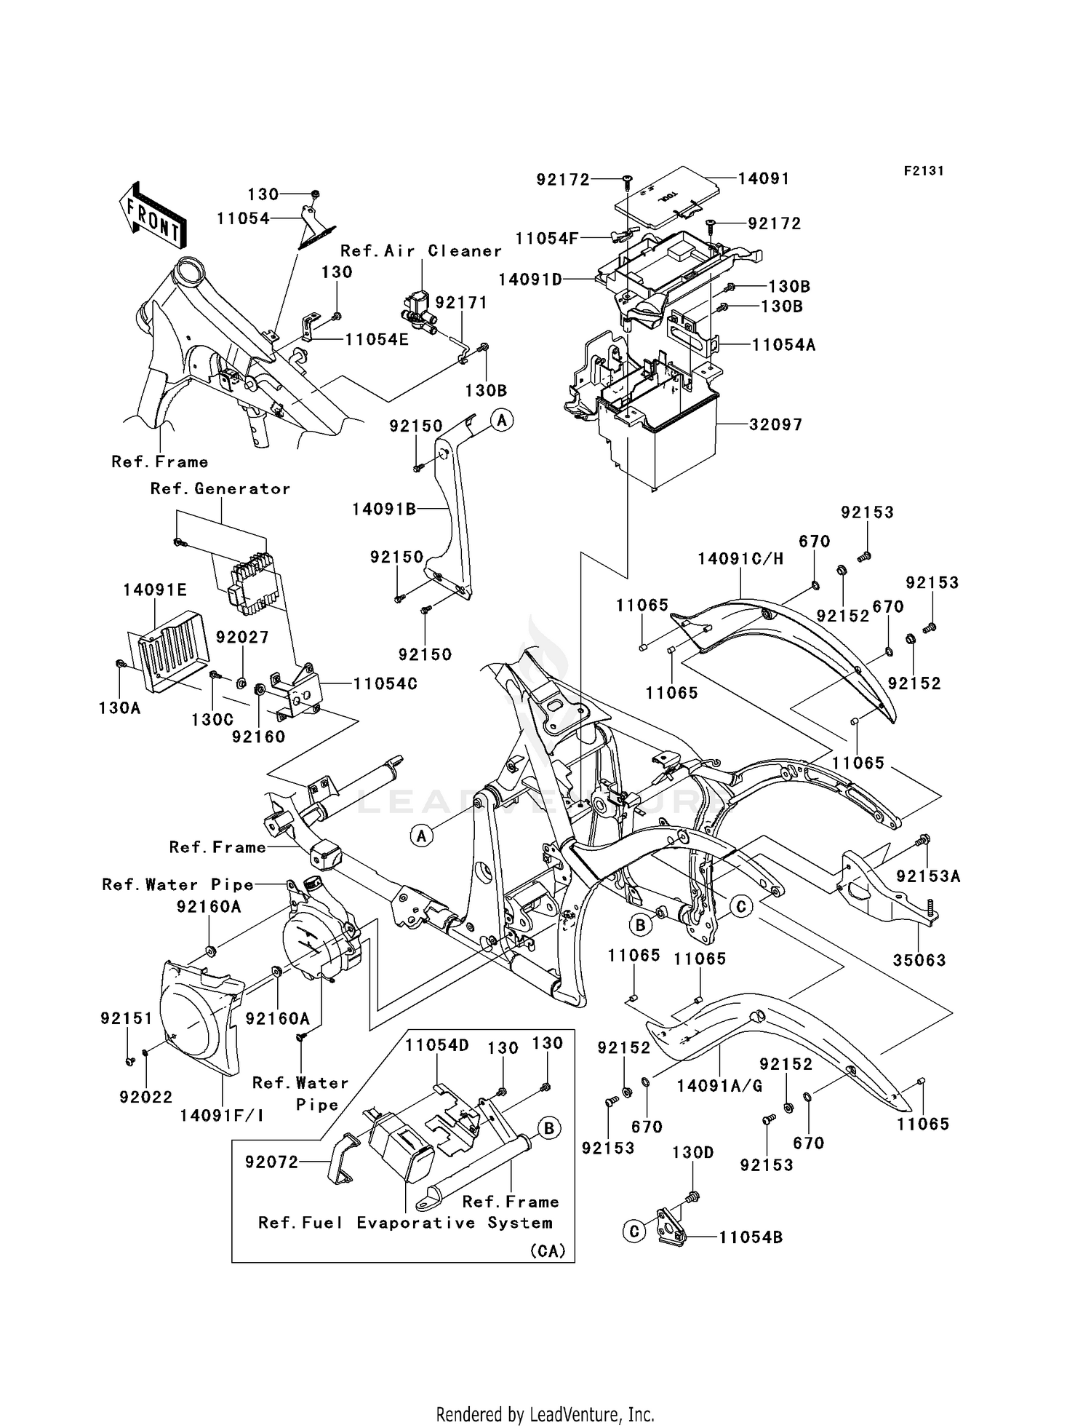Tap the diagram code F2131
[x=924, y=171]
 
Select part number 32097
[x=775, y=424]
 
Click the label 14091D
[x=530, y=279]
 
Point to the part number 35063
[x=919, y=960]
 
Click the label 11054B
[x=751, y=1237]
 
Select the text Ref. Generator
[x=220, y=489]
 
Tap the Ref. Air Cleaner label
[x=421, y=251]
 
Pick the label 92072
[x=271, y=1162]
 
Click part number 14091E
[x=155, y=590]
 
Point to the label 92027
[x=242, y=638]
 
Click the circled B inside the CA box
[x=549, y=1129]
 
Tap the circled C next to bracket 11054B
[x=634, y=1231]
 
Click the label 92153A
[x=928, y=877]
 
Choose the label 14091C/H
[x=740, y=559]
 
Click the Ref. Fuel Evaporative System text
[x=405, y=1223]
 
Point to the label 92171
[x=461, y=303]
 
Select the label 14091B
[x=384, y=509]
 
